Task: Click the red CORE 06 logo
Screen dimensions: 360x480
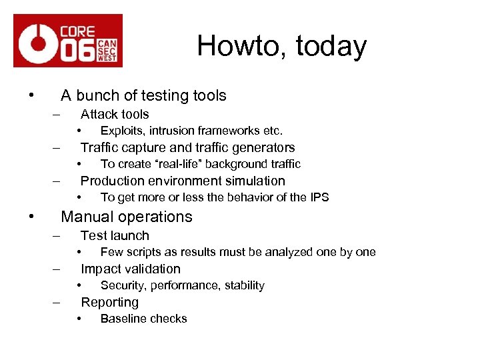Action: pyautogui.click(x=68, y=40)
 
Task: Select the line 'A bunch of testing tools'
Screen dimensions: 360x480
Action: pyautogui.click(x=143, y=96)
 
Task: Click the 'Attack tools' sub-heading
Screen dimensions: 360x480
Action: pyautogui.click(x=115, y=115)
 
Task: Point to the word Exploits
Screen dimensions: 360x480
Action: pyautogui.click(x=122, y=131)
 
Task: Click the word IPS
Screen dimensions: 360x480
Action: pyautogui.click(x=319, y=197)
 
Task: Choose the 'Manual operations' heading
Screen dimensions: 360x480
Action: pyautogui.click(x=126, y=217)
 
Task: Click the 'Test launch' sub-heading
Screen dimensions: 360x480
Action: pyautogui.click(x=115, y=236)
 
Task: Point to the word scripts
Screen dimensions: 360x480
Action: pyautogui.click(x=143, y=252)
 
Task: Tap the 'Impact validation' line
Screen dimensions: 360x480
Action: pyautogui.click(x=130, y=269)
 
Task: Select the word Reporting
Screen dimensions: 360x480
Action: pyautogui.click(x=109, y=303)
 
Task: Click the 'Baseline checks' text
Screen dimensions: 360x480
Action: pyautogui.click(x=143, y=319)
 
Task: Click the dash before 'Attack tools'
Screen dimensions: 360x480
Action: pyautogui.click(x=57, y=115)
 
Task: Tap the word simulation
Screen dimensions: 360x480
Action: pyautogui.click(x=255, y=181)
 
